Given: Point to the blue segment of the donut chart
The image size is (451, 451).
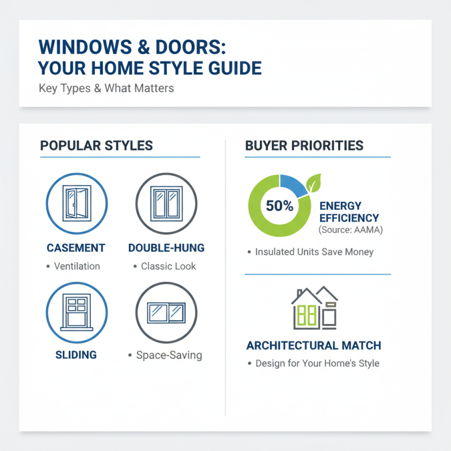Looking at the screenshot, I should coord(293,185).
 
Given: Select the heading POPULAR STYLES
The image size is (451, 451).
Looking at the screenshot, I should coord(96,145).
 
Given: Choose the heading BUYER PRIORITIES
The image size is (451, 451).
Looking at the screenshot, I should coord(304,145).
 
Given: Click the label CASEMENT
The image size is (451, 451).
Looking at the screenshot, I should coord(76,248).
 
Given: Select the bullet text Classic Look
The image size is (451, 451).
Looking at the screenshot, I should coord(169,266).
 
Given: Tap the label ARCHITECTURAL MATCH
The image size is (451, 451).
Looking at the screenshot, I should coord(313,345).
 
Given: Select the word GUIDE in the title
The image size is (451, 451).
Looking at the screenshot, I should coord(231,68).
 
